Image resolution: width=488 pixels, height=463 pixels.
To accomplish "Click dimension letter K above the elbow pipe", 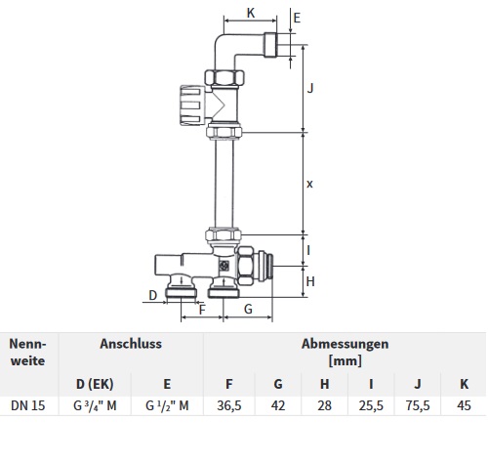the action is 251,13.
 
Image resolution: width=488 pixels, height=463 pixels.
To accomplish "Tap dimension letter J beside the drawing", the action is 310,88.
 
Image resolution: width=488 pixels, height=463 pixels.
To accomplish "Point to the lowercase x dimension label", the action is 309,184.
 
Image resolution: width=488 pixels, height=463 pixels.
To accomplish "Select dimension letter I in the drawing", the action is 308,250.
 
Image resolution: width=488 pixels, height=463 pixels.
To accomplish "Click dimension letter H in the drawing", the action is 310,281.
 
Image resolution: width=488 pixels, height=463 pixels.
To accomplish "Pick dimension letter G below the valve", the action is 248,309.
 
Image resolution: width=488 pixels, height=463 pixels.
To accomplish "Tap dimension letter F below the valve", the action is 202,310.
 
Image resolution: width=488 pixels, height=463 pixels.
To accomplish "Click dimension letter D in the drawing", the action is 153,295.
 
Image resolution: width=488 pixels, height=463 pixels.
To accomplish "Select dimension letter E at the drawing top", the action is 297,18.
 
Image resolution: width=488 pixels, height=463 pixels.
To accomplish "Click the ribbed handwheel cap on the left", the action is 192,105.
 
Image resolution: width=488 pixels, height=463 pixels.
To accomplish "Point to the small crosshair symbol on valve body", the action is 224,266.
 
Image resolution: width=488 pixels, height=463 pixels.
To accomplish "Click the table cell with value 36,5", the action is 229,405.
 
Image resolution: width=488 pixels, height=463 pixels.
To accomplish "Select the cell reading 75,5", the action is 418,405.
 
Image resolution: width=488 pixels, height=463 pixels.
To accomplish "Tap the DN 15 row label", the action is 28,405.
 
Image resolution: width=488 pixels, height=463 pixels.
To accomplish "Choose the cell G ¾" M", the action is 95,405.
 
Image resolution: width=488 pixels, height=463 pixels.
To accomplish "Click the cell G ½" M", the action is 167,405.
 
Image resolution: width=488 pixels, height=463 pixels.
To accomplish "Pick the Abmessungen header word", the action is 346,344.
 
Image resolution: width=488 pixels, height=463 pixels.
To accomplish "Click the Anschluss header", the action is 131,344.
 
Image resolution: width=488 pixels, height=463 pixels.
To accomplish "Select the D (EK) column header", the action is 95,384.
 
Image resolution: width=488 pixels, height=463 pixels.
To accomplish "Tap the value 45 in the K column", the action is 464,405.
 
